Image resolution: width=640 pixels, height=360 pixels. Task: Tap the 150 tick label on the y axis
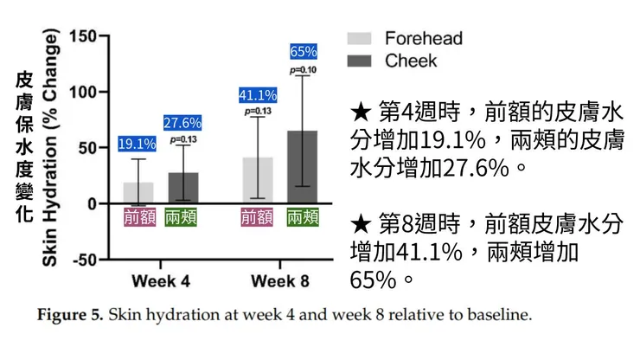point(83,36)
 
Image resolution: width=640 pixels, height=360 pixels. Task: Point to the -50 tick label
point(83,260)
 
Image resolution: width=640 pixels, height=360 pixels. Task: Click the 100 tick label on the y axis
point(83,92)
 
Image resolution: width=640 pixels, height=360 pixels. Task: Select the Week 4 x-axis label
point(161,280)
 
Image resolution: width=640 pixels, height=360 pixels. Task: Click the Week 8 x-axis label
point(281,280)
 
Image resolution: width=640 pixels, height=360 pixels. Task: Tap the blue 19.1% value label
point(138,144)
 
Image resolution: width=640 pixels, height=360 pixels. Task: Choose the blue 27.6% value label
point(182,123)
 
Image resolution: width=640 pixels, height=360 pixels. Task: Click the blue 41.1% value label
point(258,95)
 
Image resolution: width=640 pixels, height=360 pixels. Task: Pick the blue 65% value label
point(304,51)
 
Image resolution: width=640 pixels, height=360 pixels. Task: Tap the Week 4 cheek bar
point(182,188)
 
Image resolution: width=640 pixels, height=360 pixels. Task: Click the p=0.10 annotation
point(304,69)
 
